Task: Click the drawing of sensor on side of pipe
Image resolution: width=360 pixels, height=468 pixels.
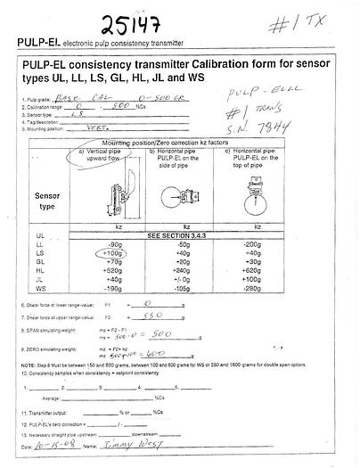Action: (x=186, y=193)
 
